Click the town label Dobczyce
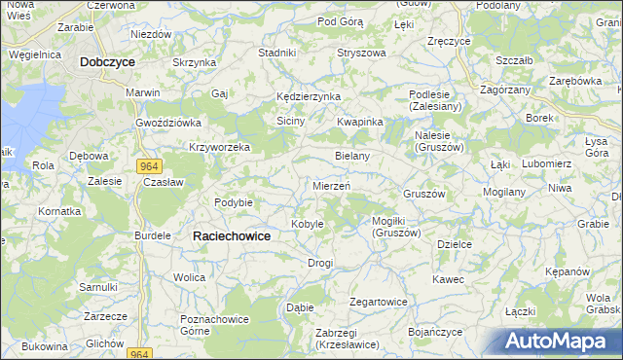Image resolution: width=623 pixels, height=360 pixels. [x=107, y=60]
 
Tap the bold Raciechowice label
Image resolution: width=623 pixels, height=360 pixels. [x=234, y=235]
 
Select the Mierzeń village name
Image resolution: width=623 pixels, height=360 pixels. [x=332, y=185]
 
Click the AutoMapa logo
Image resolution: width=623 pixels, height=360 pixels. [x=556, y=342]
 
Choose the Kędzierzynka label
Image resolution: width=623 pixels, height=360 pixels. [x=308, y=97]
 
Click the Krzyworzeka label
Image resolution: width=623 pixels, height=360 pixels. [x=219, y=148]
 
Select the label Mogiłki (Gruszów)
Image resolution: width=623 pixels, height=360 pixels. [x=396, y=227]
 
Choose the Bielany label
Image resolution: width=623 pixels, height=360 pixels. [x=351, y=156]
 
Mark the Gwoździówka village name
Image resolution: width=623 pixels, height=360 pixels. [x=167, y=123]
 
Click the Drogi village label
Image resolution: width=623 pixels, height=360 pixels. [x=320, y=263]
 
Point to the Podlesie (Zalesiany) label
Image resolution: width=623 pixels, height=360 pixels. [x=440, y=99]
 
